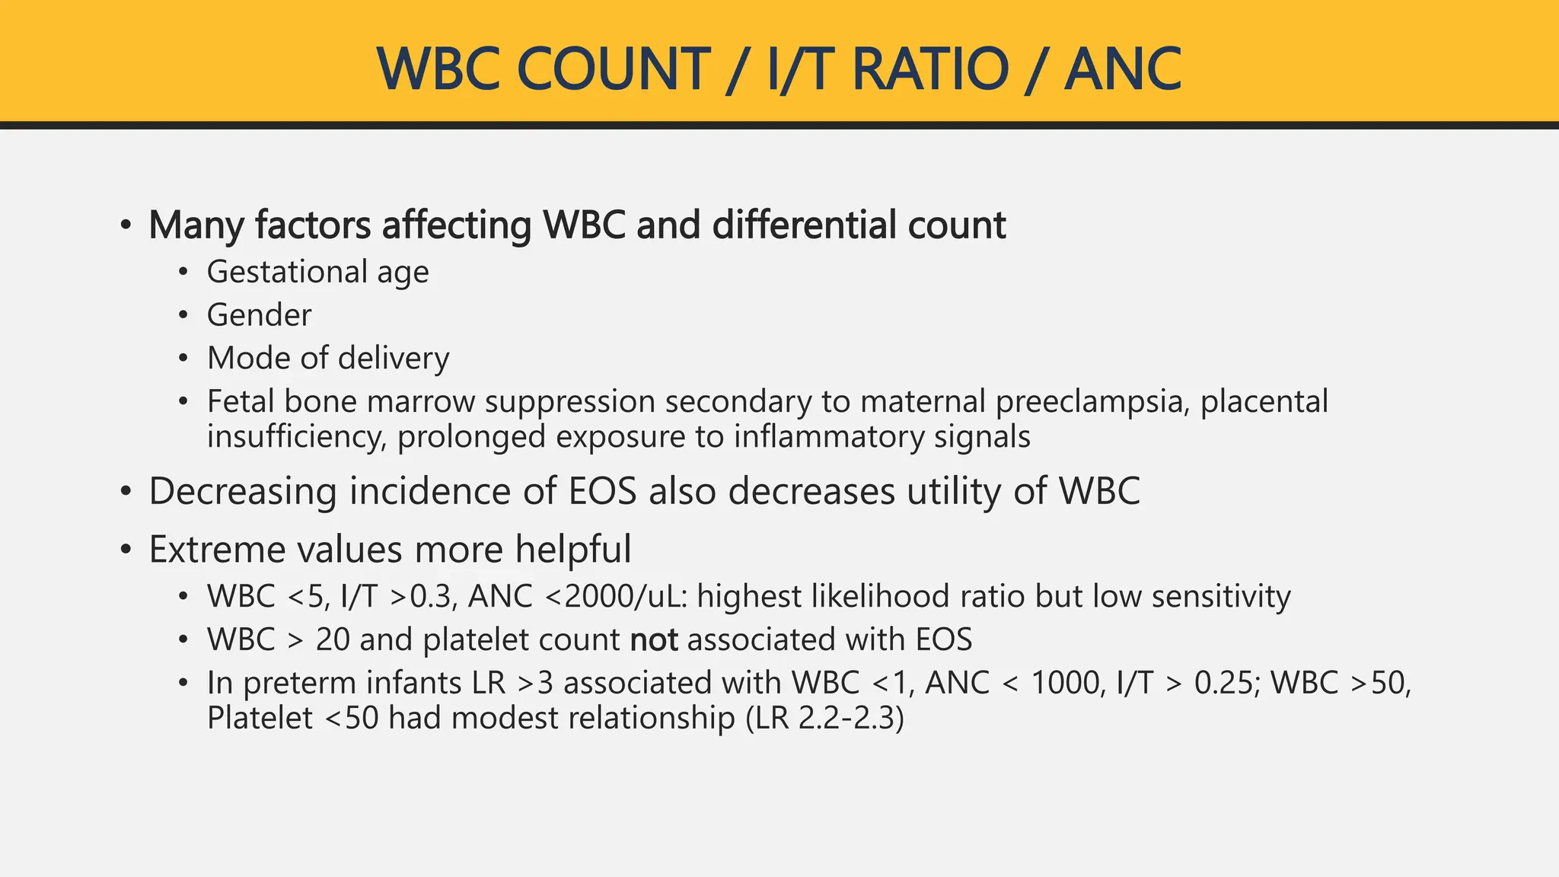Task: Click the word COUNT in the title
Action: pyautogui.click(x=613, y=69)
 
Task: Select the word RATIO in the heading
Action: pyautogui.click(x=930, y=69)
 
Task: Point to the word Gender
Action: pyautogui.click(x=259, y=315)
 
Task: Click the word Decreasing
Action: pyautogui.click(x=242, y=491)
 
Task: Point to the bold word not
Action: pyautogui.click(x=654, y=639)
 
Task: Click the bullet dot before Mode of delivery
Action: pyautogui.click(x=183, y=359)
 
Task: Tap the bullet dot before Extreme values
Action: pyautogui.click(x=126, y=549)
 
